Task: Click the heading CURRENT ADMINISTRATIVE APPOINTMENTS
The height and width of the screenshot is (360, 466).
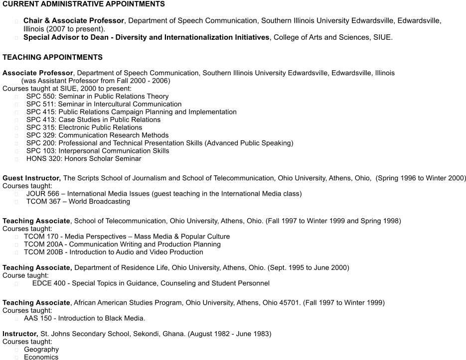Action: pyautogui.click(x=83, y=4)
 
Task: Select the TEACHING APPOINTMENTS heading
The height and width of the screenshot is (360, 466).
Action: pyautogui.click(x=52, y=57)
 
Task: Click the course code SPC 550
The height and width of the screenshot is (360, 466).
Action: pyautogui.click(x=40, y=97)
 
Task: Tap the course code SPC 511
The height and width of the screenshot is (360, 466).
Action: pyautogui.click(x=40, y=104)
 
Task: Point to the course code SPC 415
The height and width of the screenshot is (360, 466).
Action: pyautogui.click(x=40, y=112)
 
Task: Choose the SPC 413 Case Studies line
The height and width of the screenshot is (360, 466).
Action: pyautogui.click(x=93, y=120)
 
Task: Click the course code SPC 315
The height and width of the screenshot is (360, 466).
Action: pyautogui.click(x=40, y=127)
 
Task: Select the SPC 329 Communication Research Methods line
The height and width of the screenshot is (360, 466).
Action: pyautogui.click(x=97, y=135)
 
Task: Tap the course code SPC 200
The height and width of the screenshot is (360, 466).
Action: pyautogui.click(x=40, y=143)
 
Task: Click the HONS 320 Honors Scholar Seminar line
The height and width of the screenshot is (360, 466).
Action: pyautogui.click(x=84, y=159)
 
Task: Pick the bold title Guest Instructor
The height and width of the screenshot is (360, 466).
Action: pyautogui.click(x=31, y=178)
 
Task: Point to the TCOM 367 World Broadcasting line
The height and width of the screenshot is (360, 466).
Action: pyautogui.click(x=78, y=202)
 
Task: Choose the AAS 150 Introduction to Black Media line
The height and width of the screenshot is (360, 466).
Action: pyautogui.click(x=84, y=318)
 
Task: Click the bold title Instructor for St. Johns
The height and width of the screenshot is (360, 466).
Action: pyautogui.click(x=20, y=334)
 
